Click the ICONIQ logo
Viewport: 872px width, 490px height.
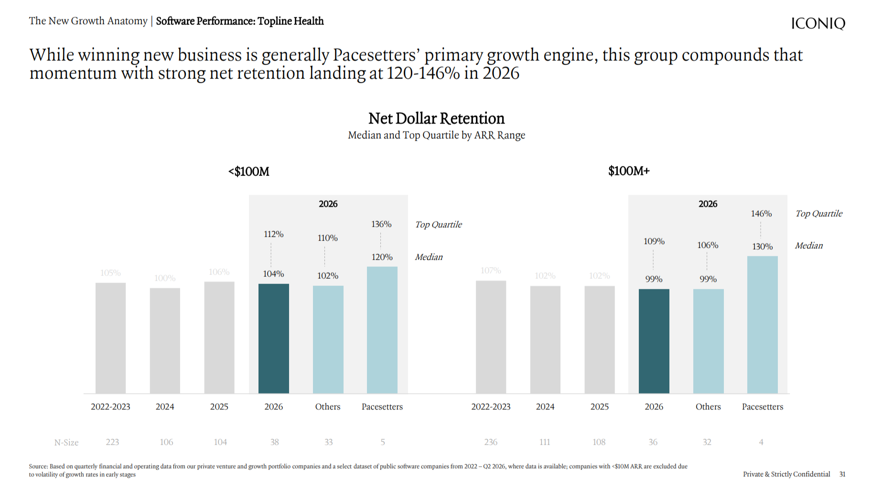[818, 23]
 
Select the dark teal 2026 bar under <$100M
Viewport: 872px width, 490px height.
[274, 338]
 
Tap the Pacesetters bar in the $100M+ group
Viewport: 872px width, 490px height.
[763, 325]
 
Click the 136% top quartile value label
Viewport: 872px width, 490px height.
[381, 224]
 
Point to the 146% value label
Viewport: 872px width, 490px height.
[761, 213]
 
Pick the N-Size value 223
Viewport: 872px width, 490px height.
[112, 442]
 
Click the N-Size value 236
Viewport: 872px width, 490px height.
[491, 442]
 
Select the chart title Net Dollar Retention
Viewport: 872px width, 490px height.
[436, 118]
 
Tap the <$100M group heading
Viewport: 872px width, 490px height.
[249, 171]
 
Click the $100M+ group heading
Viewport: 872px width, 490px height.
[629, 171]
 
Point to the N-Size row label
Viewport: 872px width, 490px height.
[66, 443]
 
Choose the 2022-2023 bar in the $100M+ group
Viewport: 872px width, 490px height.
[491, 337]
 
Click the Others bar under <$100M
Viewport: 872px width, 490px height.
[328, 339]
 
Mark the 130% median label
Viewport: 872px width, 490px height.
[763, 246]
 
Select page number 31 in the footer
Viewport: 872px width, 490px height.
[842, 474]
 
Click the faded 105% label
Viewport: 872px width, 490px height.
[110, 272]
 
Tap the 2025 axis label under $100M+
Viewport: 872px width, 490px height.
[600, 406]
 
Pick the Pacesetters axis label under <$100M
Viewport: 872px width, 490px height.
[382, 406]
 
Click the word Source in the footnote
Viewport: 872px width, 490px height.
[38, 466]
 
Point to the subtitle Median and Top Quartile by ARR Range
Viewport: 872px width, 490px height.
[436, 135]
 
